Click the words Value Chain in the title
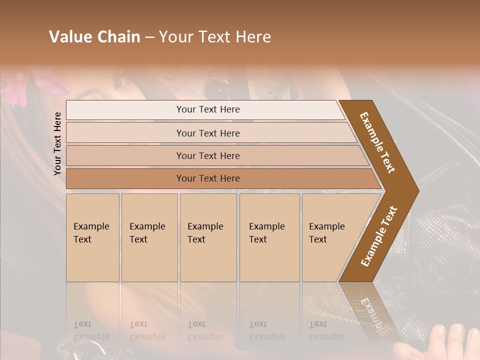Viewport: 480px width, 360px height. coord(94,37)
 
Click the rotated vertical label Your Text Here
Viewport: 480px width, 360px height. coord(57,143)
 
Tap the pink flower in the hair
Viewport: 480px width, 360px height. coord(15,90)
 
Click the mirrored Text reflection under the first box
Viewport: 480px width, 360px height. coord(82,324)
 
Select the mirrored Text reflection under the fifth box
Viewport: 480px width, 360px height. coord(318,324)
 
